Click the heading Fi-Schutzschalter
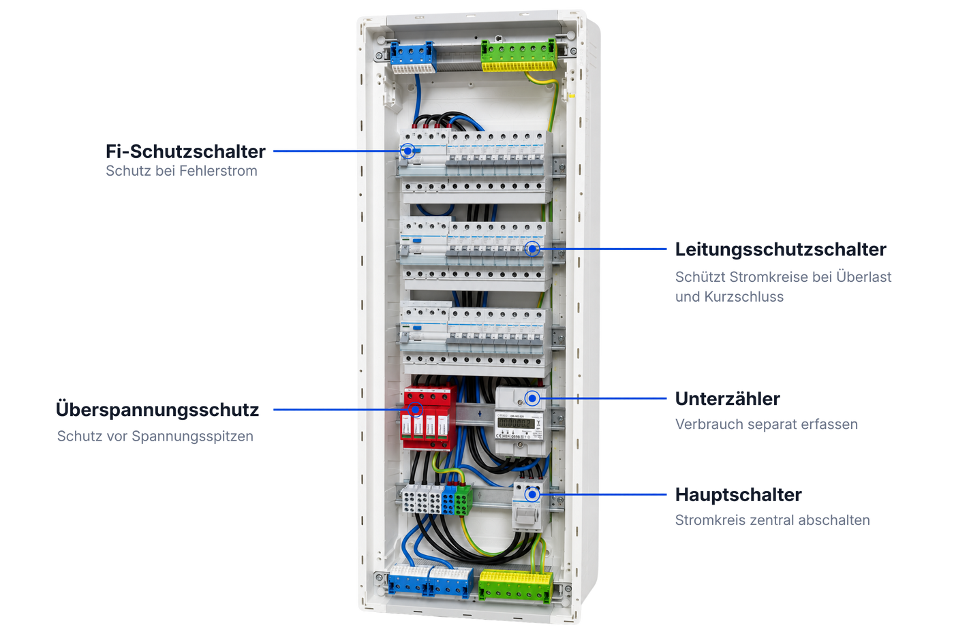pyautogui.click(x=185, y=152)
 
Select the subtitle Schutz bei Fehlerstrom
pyautogui.click(x=181, y=171)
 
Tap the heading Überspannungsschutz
pyautogui.click(x=157, y=410)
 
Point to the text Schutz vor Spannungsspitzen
pyautogui.click(x=155, y=436)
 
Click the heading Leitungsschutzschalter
pyautogui.click(x=781, y=249)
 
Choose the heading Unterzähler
pyautogui.click(x=728, y=399)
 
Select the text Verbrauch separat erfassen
pyautogui.click(x=766, y=424)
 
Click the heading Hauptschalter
pyautogui.click(x=739, y=494)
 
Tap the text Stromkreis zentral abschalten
pyautogui.click(x=772, y=520)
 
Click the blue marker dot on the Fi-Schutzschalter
pyautogui.click(x=407, y=150)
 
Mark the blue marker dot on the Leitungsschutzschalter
pyautogui.click(x=532, y=249)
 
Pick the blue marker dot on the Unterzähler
pyautogui.click(x=532, y=398)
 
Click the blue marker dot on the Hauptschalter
pyautogui.click(x=532, y=494)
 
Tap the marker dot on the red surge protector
pyautogui.click(x=415, y=409)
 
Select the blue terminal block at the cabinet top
pyautogui.click(x=413, y=57)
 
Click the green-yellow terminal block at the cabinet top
pyautogui.click(x=519, y=55)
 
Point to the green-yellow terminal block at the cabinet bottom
pyautogui.click(x=516, y=586)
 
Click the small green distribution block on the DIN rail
pyautogui.click(x=464, y=500)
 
